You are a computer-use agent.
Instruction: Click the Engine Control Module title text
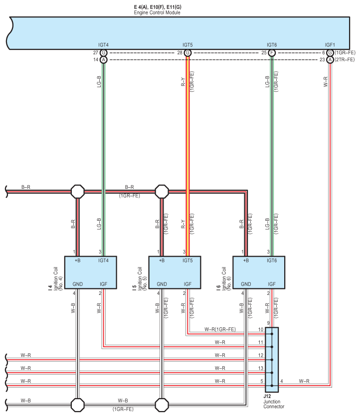tap(157, 12)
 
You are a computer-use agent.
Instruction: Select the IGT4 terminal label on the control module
tap(103, 45)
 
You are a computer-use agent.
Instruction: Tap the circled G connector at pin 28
tap(187, 53)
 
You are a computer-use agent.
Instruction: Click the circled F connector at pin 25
tap(272, 53)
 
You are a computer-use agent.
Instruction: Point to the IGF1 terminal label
tap(330, 45)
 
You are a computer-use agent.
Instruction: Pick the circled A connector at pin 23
tap(330, 60)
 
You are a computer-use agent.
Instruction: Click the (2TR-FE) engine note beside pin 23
tap(345, 60)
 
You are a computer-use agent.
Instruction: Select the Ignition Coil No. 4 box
tap(90, 273)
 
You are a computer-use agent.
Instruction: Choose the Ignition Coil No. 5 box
tap(175, 273)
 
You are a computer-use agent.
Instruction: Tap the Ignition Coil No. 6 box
tap(259, 273)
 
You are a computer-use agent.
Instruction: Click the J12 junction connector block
tap(272, 360)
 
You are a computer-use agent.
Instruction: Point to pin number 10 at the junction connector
tap(261, 329)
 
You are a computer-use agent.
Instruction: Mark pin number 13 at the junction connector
tap(261, 368)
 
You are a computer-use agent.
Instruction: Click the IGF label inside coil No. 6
tap(272, 284)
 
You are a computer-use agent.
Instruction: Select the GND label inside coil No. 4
tap(78, 284)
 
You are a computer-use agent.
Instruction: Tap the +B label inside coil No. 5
tap(162, 261)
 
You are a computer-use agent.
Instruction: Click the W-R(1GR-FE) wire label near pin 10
tap(220, 329)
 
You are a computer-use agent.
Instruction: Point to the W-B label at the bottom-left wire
tap(25, 400)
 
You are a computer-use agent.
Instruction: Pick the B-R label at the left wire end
tap(26, 187)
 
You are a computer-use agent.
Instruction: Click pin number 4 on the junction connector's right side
tap(282, 381)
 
